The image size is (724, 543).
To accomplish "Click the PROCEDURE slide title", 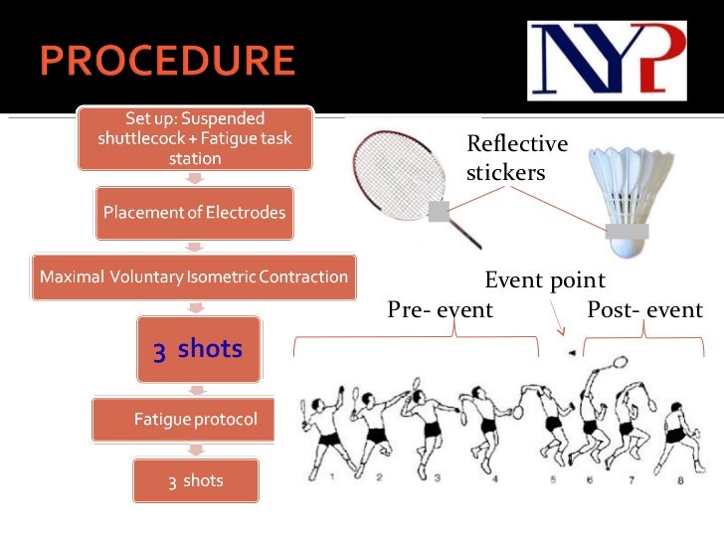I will (x=167, y=62).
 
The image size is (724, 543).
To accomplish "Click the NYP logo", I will (x=606, y=62).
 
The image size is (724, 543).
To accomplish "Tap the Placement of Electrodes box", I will (x=195, y=212).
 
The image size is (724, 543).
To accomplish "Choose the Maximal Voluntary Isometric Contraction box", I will (x=194, y=276).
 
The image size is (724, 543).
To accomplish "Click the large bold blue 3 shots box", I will (x=198, y=349).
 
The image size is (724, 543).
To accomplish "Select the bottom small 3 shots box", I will (x=196, y=481).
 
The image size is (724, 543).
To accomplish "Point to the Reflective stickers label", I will (x=516, y=158).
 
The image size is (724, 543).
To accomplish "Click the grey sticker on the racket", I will (x=439, y=211).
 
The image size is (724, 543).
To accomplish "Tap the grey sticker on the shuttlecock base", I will (x=627, y=231).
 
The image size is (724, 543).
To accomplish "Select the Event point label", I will (x=544, y=280).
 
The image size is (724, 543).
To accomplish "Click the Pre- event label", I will (x=440, y=310).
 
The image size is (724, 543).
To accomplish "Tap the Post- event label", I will (x=644, y=310).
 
